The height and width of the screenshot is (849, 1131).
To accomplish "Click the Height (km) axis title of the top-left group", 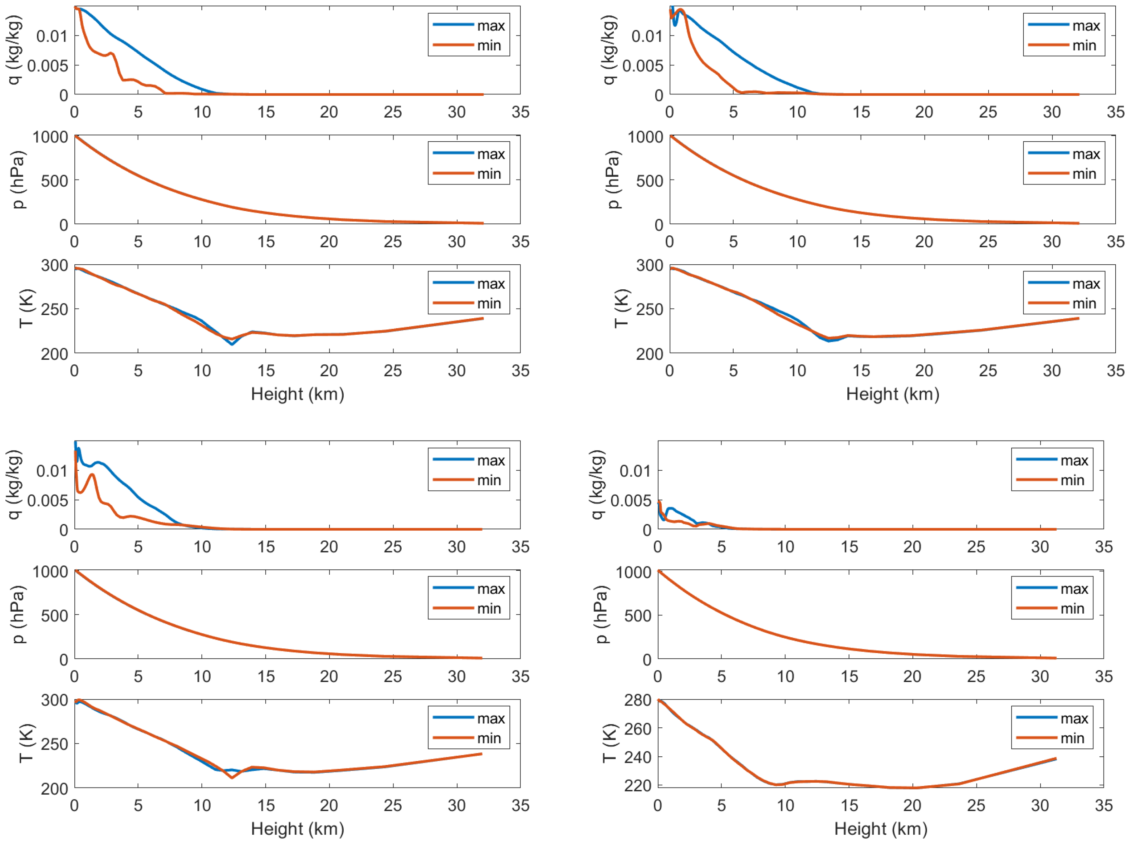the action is (298, 394).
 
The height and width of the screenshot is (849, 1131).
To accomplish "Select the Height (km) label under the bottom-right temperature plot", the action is (881, 829).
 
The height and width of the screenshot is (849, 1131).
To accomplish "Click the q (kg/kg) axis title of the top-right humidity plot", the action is (610, 50).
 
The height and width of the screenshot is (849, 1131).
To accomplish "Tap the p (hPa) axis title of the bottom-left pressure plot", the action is (18, 614).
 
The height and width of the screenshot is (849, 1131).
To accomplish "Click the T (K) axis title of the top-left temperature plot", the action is (25, 309).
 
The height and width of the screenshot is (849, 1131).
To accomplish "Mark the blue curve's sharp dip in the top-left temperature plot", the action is (232, 344).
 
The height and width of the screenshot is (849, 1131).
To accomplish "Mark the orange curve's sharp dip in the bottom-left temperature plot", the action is (232, 777).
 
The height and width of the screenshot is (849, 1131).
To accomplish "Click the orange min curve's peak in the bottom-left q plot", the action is (92, 475).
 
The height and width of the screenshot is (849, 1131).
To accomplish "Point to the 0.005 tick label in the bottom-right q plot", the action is (631, 500).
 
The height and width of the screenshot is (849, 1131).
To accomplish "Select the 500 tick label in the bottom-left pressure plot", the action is (54, 615).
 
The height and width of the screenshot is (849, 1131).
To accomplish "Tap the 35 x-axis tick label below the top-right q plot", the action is (1115, 112).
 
